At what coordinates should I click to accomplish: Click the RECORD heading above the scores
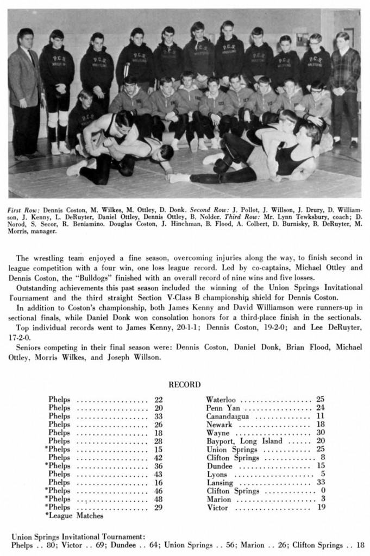pyautogui.click(x=185, y=384)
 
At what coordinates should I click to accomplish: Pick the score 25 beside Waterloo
pyautogui.click(x=320, y=399)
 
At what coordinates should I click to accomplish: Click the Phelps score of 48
pyautogui.click(x=158, y=498)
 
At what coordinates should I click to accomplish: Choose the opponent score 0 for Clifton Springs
pyautogui.click(x=322, y=491)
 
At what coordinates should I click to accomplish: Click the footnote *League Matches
pyautogui.click(x=74, y=515)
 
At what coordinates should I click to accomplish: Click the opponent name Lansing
pyautogui.click(x=220, y=483)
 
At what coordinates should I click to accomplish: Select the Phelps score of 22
pyautogui.click(x=158, y=400)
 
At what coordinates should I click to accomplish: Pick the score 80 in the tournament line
pyautogui.click(x=49, y=545)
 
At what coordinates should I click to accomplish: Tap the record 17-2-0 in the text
pyautogui.click(x=22, y=337)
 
